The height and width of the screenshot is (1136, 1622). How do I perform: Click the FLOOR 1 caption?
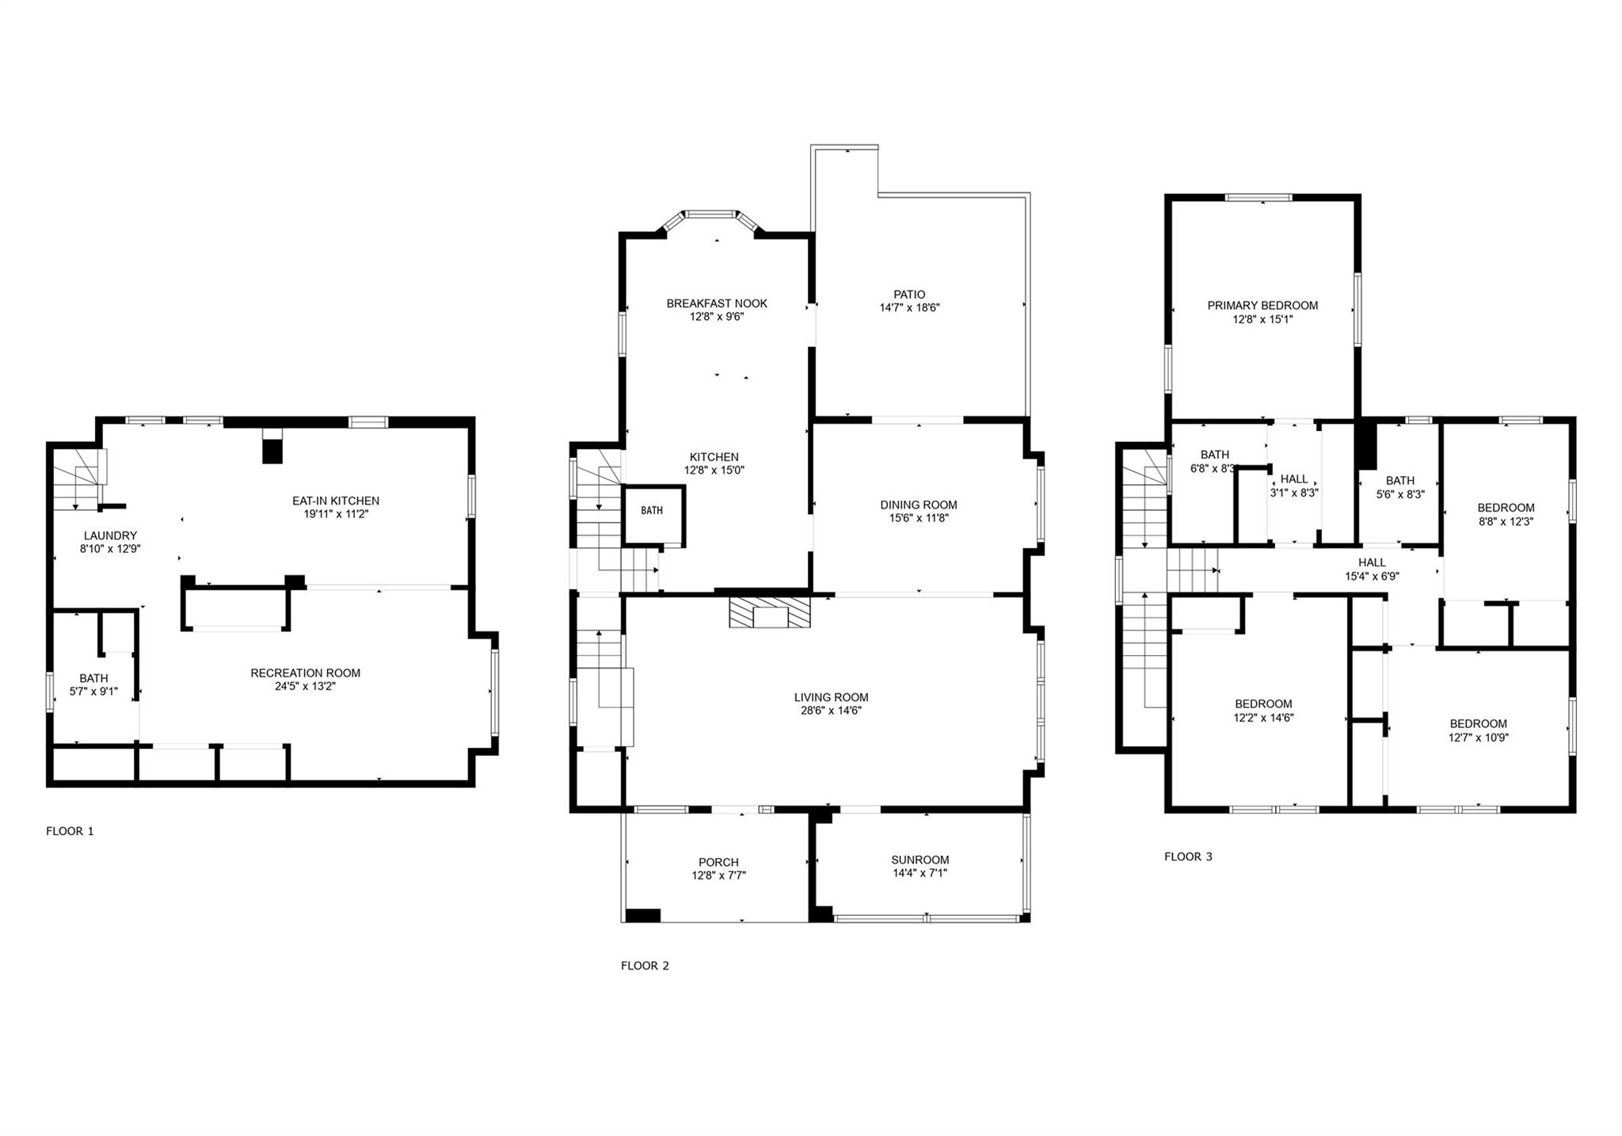(70, 831)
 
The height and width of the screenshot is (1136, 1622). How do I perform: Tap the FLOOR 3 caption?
(1188, 856)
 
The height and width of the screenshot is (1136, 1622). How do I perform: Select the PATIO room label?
(909, 295)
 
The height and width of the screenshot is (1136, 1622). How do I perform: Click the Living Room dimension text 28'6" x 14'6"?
(831, 711)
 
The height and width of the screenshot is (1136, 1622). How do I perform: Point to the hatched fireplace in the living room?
(770, 613)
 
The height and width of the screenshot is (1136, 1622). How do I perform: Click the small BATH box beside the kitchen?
(653, 511)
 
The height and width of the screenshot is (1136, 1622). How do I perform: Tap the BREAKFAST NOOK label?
(717, 303)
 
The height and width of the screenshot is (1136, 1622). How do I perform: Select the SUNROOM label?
(920, 860)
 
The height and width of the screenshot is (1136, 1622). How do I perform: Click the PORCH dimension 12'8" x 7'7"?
(718, 875)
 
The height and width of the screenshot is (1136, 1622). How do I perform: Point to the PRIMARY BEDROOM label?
(1262, 306)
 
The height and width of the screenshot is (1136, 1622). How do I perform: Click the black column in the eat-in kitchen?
(272, 451)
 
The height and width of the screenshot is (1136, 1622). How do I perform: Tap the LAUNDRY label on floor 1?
(110, 536)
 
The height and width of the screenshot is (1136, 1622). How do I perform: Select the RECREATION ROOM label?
(305, 673)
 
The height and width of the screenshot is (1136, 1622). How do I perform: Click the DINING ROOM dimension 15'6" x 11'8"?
(919, 518)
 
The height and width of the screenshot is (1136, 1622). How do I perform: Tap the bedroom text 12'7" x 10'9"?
(1478, 737)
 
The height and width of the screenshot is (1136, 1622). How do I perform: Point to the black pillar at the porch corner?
(642, 915)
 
